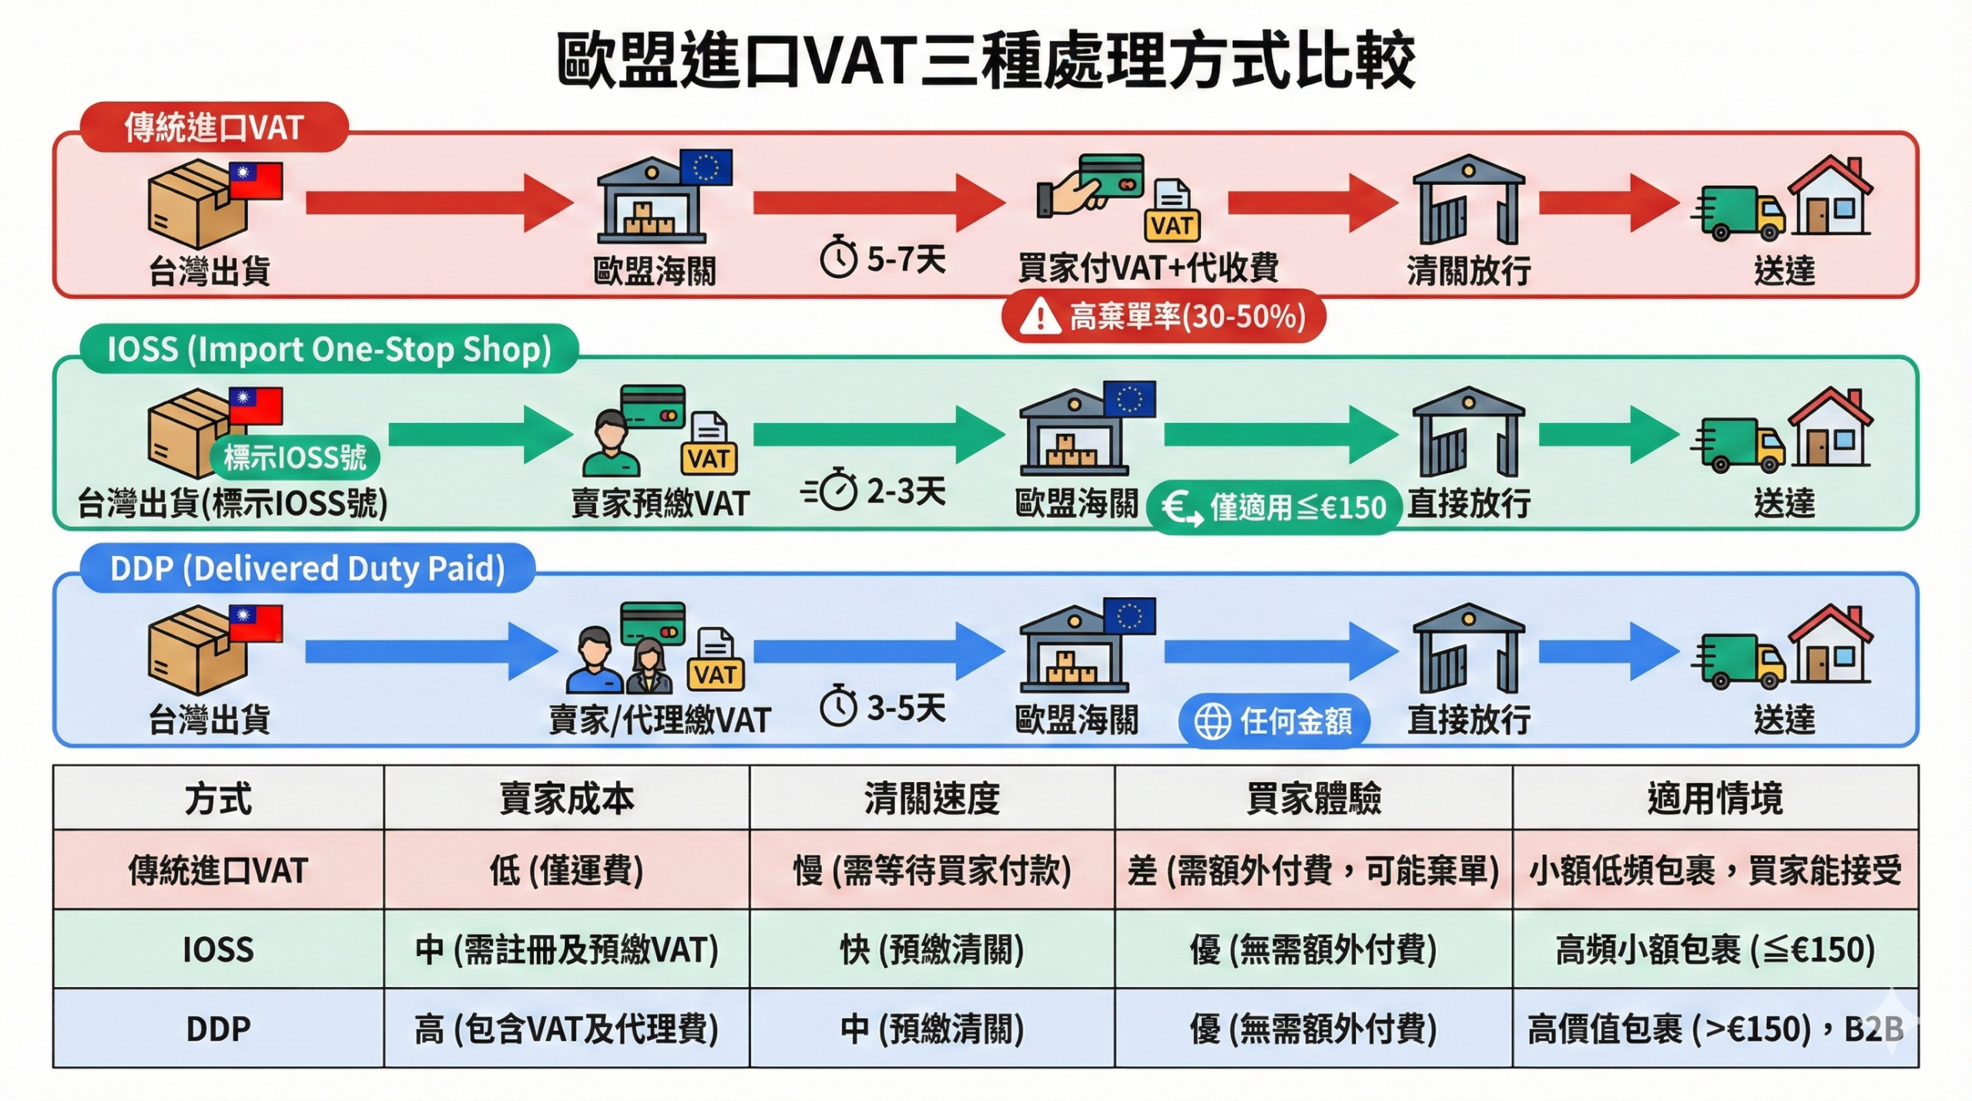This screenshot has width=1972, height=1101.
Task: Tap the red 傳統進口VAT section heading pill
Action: (x=214, y=127)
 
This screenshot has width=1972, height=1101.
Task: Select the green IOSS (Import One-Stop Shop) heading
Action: (x=329, y=350)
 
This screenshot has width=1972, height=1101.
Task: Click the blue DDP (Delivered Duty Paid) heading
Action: (x=307, y=569)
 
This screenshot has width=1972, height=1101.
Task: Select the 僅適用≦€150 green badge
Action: (x=1273, y=507)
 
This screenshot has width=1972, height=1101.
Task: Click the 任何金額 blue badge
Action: (x=1274, y=721)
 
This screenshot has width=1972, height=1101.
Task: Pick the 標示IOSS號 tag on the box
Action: (x=295, y=458)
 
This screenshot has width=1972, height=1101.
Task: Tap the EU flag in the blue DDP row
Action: (x=1129, y=616)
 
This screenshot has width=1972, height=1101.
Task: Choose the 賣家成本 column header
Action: (x=566, y=798)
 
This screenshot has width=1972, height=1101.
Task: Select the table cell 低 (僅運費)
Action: (x=566, y=871)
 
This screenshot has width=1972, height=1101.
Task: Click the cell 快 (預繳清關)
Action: (x=932, y=949)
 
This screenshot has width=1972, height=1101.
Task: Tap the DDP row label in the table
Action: (x=218, y=1029)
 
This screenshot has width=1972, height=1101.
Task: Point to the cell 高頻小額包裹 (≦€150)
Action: (x=1715, y=949)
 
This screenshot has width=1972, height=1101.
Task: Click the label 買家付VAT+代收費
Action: (x=1148, y=268)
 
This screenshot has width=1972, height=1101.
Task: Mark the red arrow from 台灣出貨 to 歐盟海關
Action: (x=439, y=203)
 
